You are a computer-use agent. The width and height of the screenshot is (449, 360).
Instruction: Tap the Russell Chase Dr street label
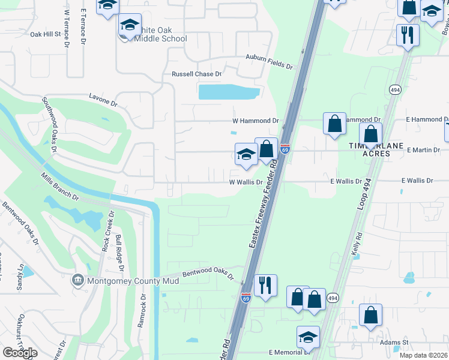coord(196,74)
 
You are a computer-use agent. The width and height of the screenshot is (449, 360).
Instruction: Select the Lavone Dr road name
coord(103,99)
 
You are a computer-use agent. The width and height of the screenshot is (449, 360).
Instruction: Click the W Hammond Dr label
coord(256,121)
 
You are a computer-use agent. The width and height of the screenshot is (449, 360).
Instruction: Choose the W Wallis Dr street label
coord(246,182)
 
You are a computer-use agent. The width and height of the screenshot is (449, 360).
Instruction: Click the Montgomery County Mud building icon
coord(77,280)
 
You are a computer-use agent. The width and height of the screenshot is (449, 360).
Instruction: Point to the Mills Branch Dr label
coord(60,186)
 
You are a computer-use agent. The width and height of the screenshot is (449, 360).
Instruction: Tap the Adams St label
coord(394,343)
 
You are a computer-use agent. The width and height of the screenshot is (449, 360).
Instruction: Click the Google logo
coord(20,352)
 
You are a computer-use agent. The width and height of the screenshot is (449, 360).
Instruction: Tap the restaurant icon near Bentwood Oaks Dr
coord(265,284)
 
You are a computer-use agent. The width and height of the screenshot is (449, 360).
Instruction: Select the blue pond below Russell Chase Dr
coord(229,92)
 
